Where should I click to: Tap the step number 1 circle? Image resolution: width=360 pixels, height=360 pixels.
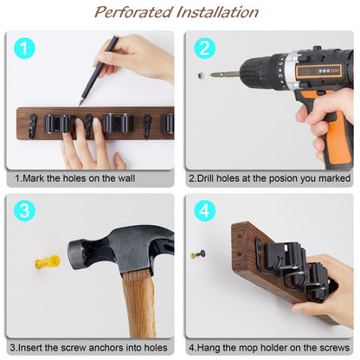pos(26,48)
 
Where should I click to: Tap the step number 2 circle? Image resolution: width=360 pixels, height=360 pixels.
pos(205,48)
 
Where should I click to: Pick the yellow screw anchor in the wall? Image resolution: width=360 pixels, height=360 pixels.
pos(46,260)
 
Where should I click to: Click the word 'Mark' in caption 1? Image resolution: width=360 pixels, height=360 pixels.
pos(36,178)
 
